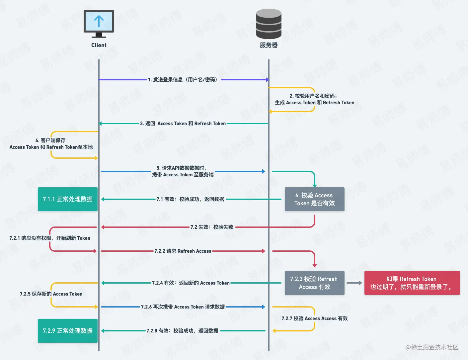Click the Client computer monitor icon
pos(99,23)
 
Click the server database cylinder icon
pos(269,24)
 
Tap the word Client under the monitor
pos(99,45)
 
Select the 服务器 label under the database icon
pos(269,45)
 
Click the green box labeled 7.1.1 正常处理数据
pos(68,199)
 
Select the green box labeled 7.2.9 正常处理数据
pos(68,331)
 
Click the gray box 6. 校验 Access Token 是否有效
pos(314,199)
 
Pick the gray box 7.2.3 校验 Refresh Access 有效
pos(314,283)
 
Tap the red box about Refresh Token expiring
pos(412,283)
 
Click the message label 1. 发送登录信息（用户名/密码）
pos(183,80)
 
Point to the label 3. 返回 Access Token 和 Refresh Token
pos(183,124)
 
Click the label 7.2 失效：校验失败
pos(212,227)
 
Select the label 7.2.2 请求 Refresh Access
pos(183,251)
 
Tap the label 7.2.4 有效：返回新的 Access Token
pos(191,283)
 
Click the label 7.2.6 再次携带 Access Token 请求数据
pos(183,307)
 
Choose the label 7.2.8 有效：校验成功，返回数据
pos(183,331)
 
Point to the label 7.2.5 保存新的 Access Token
pos(51,294)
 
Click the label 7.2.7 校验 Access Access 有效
pos(314,318)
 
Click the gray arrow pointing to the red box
pos(354,283)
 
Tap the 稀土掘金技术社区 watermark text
pos(432,347)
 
